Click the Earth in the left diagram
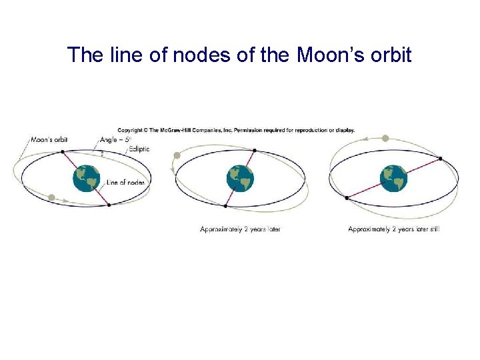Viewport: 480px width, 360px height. coord(86,179)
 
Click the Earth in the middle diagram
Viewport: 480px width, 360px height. coord(240,179)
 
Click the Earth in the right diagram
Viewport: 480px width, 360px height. coord(393,179)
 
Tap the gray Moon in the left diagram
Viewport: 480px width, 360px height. coord(51,197)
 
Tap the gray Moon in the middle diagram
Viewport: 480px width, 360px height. coord(177,156)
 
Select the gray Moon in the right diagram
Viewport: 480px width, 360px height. coord(385,139)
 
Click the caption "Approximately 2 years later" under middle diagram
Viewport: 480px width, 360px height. coord(240,229)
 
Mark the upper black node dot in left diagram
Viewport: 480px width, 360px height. coord(63,152)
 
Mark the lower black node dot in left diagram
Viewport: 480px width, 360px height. coord(109,205)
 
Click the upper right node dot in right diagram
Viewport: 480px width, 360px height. coord(440,159)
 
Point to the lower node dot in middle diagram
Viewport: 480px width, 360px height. coord(225,206)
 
